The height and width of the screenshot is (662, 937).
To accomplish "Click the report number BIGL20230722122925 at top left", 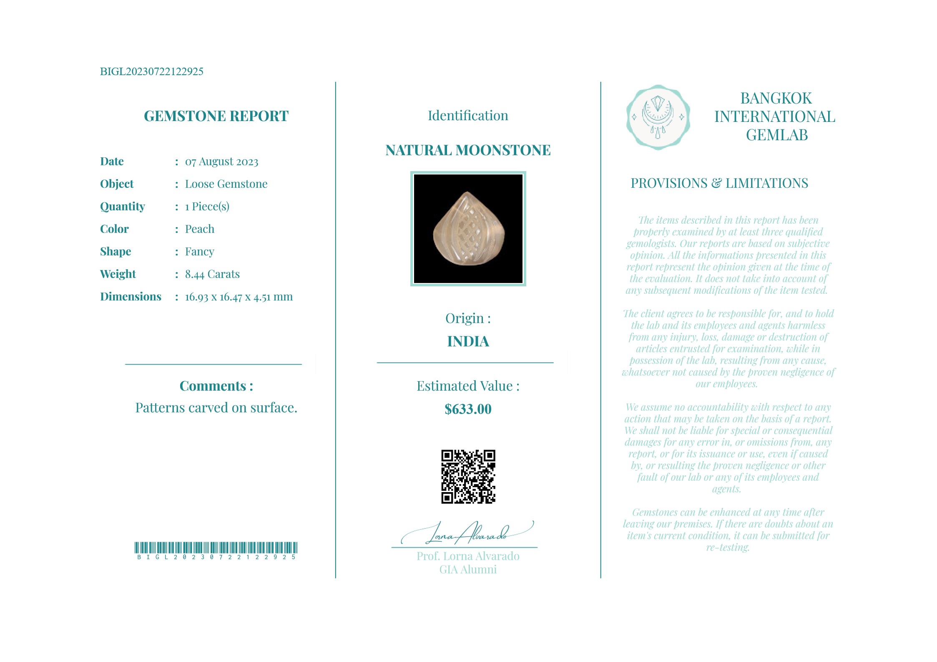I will [151, 71].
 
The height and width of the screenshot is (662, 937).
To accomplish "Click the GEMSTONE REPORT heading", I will [216, 116].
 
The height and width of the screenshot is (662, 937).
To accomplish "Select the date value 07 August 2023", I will [221, 162].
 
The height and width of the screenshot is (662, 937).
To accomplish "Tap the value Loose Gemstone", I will [226, 184].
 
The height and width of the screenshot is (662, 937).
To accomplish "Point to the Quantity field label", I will [122, 207].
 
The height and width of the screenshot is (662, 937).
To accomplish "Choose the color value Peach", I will [199, 229].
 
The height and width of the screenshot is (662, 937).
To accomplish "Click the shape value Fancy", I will [199, 252].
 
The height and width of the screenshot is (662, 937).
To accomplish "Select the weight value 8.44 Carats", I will [212, 274].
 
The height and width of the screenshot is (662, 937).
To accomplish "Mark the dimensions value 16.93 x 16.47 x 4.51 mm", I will [239, 297].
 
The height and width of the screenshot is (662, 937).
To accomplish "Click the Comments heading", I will [216, 386].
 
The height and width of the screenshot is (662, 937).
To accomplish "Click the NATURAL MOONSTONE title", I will [468, 150].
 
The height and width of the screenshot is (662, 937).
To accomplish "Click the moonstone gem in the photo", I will [469, 229].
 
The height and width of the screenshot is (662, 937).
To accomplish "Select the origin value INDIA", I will [468, 341].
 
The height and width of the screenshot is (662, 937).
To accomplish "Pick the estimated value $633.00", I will [468, 409].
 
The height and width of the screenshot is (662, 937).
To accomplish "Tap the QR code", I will [468, 477].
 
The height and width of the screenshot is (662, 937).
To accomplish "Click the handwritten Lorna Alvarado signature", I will [467, 533].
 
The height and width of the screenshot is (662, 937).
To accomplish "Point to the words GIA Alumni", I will [468, 570].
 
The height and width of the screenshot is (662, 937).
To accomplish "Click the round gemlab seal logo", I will [658, 117].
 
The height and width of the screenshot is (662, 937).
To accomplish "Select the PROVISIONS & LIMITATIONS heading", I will [719, 183].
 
